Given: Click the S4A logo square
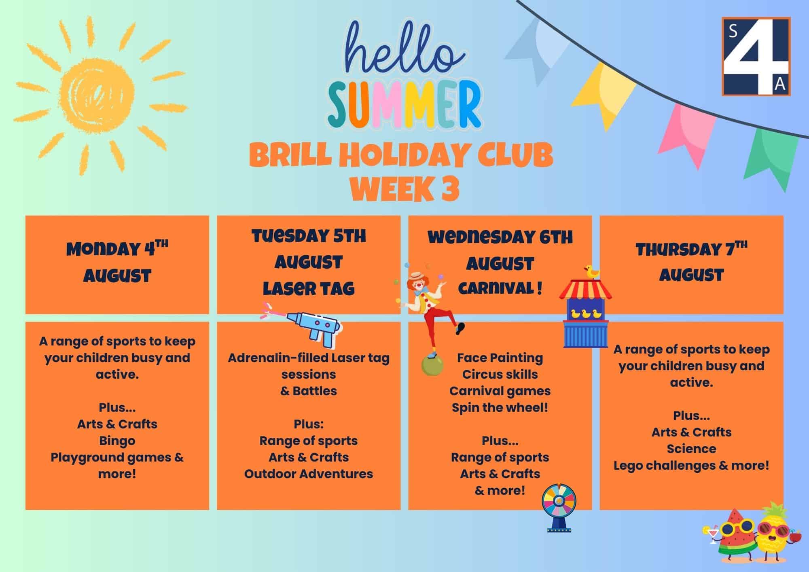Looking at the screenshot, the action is click(x=756, y=56).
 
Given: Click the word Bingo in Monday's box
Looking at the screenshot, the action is click(x=117, y=441).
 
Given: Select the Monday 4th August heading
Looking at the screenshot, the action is click(x=117, y=262).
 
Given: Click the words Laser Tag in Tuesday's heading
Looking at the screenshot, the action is click(x=309, y=288).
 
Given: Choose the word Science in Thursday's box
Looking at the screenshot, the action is click(x=691, y=449).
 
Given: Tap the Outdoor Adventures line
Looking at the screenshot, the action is click(x=309, y=474).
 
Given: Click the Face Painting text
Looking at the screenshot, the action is click(x=500, y=358).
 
